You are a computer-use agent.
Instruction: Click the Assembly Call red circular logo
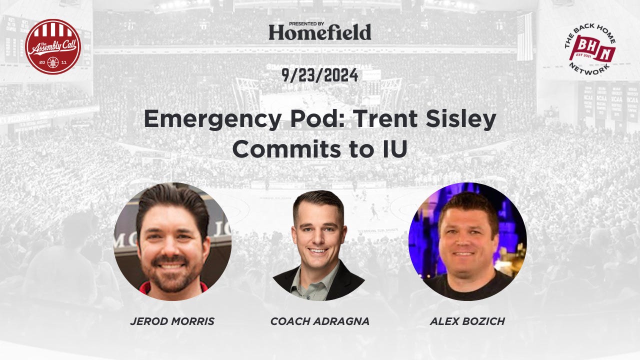[x=53, y=46]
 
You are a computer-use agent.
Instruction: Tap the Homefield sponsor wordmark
[x=320, y=32]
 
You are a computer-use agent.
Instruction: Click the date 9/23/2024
[x=320, y=75]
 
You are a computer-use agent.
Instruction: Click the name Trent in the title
[x=380, y=119]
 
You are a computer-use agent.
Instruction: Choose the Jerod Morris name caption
[x=172, y=321]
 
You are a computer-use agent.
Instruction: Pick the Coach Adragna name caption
[x=320, y=321]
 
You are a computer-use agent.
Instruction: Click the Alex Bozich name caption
[x=467, y=321]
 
